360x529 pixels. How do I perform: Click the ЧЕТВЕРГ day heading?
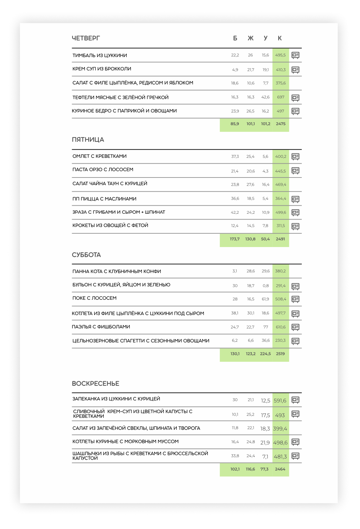click(86, 38)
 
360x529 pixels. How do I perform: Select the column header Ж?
click(250, 38)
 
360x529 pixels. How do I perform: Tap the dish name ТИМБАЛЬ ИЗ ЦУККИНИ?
click(100, 55)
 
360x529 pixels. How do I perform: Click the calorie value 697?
click(281, 97)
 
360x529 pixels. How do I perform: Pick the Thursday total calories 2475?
click(281, 124)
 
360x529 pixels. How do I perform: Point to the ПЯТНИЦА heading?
click(88, 140)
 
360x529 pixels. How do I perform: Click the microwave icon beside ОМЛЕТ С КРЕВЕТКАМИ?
click(295, 157)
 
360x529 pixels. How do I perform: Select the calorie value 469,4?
click(281, 184)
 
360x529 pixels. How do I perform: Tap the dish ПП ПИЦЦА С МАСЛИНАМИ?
click(104, 199)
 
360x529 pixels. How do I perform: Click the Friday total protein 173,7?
click(235, 239)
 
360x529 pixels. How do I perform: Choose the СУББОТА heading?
click(86, 255)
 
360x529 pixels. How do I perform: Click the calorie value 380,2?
click(280, 271)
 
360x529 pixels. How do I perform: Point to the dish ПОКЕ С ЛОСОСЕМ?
click(94, 298)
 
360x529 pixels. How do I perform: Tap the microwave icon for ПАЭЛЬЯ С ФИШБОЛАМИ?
click(295, 327)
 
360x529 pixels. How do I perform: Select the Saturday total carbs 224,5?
click(265, 354)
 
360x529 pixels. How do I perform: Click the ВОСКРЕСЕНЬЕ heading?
click(95, 383)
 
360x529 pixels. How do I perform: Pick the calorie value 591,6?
click(280, 401)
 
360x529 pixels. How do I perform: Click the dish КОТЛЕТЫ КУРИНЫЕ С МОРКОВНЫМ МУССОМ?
click(125, 441)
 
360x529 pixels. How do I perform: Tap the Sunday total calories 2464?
click(280, 469)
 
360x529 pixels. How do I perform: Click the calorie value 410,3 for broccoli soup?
click(281, 70)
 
